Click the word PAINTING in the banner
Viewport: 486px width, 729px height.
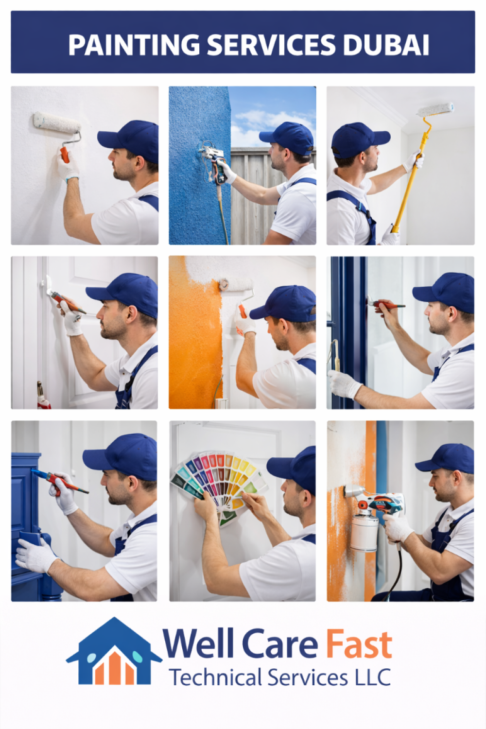134,45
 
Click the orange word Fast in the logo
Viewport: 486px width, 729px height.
359,644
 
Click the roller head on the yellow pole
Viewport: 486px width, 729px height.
435,110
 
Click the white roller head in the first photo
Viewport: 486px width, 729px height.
57,123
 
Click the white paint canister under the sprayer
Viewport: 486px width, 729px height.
364,533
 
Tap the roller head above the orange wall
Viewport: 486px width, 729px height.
237,285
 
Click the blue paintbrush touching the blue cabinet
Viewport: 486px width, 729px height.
60,480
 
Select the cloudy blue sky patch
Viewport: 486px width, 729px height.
273,117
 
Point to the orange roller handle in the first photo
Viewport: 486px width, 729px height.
65,154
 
